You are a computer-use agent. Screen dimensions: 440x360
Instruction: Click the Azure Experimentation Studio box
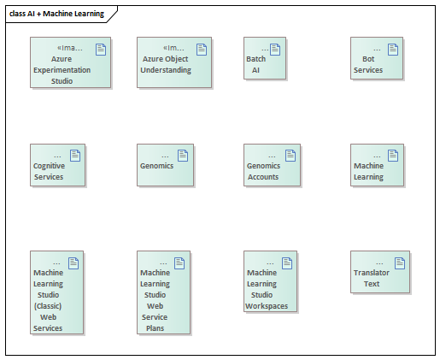click(x=70, y=62)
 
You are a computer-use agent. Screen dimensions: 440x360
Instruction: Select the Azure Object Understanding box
click(x=174, y=62)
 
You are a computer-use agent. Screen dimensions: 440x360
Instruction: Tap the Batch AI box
click(x=265, y=58)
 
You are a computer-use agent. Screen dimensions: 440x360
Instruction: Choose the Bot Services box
click(x=377, y=58)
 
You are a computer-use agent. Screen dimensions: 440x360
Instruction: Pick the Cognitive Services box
click(x=57, y=165)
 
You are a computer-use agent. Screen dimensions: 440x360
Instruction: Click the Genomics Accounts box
click(x=272, y=165)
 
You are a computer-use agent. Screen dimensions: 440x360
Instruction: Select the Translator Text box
click(x=380, y=272)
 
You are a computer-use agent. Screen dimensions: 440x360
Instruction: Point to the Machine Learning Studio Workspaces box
click(x=270, y=281)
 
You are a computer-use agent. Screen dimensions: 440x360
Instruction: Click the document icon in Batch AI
click(x=275, y=50)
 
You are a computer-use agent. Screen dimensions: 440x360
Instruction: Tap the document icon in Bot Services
click(x=393, y=50)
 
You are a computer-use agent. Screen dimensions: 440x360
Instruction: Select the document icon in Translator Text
click(x=400, y=263)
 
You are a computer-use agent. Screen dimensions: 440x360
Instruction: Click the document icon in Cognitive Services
click(x=75, y=156)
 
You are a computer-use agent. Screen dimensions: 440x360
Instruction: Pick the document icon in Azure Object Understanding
click(x=202, y=50)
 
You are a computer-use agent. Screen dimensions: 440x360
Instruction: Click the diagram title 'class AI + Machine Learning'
click(x=56, y=14)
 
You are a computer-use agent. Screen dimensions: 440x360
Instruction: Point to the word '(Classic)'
click(x=48, y=306)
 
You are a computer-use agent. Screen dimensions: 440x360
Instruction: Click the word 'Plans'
click(x=155, y=328)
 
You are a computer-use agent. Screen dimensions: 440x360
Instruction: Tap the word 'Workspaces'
click(x=267, y=306)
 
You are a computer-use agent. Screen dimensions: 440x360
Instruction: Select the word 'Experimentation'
click(x=62, y=70)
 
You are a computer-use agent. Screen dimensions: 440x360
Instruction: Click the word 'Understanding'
click(x=166, y=70)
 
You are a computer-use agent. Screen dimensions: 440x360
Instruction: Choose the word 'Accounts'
click(x=263, y=177)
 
